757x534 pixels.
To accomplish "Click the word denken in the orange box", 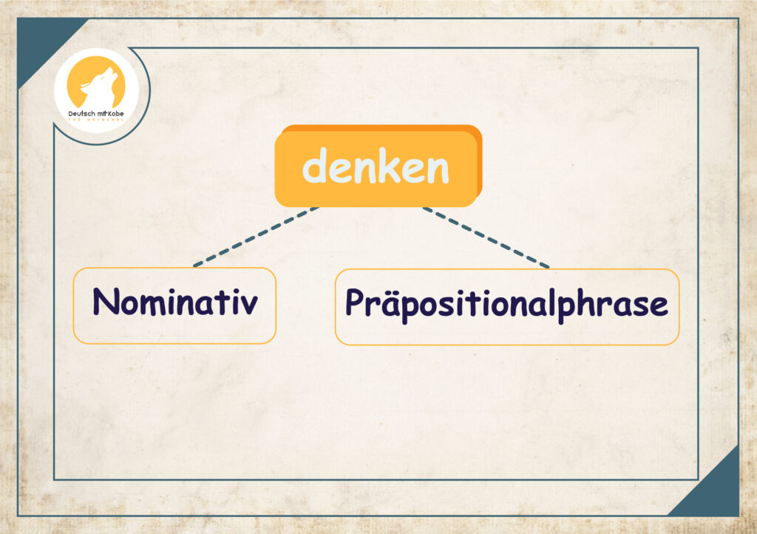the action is click(x=376, y=166).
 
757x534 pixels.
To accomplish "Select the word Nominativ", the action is click(x=174, y=302).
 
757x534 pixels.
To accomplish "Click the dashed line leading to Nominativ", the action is click(x=256, y=237).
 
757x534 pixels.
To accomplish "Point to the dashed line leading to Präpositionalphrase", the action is click(x=486, y=237).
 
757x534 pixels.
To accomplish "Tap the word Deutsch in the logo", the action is click(x=82, y=114).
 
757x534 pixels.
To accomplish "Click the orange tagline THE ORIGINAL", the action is click(x=96, y=120).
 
